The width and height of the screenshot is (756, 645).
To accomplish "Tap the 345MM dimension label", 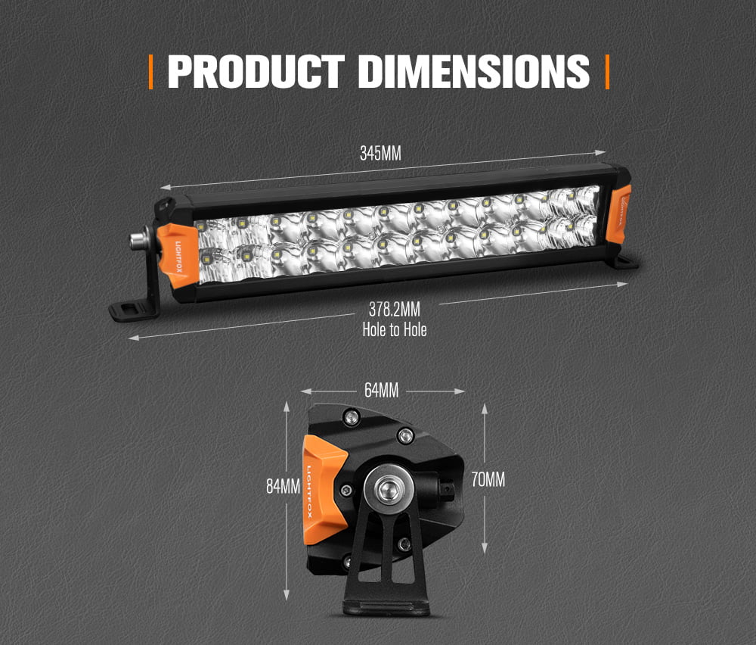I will click(x=380, y=154).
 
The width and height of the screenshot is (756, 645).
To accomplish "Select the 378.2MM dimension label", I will click(x=394, y=310).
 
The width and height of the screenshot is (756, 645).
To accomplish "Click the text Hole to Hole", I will click(x=394, y=329).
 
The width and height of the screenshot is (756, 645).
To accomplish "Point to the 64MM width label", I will click(x=381, y=391).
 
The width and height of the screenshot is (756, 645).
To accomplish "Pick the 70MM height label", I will click(x=488, y=479).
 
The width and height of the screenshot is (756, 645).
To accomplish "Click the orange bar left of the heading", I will click(x=151, y=71).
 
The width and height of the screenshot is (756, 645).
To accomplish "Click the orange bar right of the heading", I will click(x=607, y=71).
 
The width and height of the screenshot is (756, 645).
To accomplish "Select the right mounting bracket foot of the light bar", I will click(x=625, y=262).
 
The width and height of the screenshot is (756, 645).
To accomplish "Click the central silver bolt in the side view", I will click(x=388, y=488).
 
